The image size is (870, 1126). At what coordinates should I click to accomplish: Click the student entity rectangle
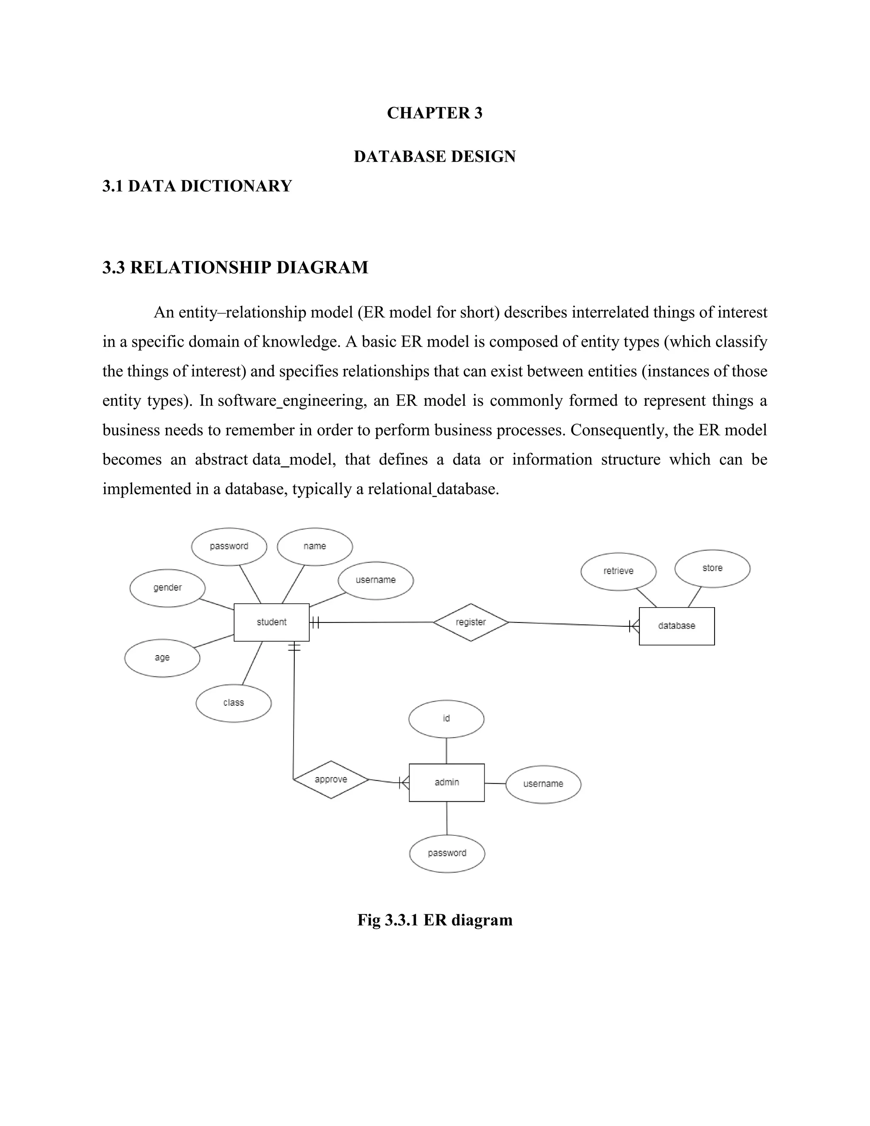click(271, 622)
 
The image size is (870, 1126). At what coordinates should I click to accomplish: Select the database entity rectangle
click(676, 626)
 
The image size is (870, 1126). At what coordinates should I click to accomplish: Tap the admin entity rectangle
click(446, 783)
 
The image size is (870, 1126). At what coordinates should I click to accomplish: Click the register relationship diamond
click(471, 622)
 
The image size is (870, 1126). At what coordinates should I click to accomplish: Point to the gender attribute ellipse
click(167, 588)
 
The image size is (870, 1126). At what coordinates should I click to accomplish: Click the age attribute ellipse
click(162, 658)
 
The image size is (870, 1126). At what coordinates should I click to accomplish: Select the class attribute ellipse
click(234, 703)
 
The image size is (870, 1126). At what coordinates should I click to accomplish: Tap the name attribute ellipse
click(314, 546)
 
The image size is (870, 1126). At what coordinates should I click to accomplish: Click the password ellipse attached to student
click(229, 546)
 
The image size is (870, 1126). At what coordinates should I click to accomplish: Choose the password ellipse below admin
click(447, 853)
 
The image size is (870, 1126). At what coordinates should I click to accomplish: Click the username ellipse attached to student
click(376, 580)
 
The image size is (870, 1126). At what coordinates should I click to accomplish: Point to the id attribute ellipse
click(446, 719)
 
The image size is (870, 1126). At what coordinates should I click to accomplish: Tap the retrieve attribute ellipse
click(619, 571)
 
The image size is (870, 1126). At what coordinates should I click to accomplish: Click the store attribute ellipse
click(712, 568)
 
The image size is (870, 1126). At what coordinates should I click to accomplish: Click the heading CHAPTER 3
click(435, 113)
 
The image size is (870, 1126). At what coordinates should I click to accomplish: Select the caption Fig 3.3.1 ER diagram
click(435, 920)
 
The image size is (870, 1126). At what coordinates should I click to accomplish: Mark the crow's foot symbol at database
click(634, 626)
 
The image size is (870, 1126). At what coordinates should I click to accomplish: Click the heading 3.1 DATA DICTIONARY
click(197, 186)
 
